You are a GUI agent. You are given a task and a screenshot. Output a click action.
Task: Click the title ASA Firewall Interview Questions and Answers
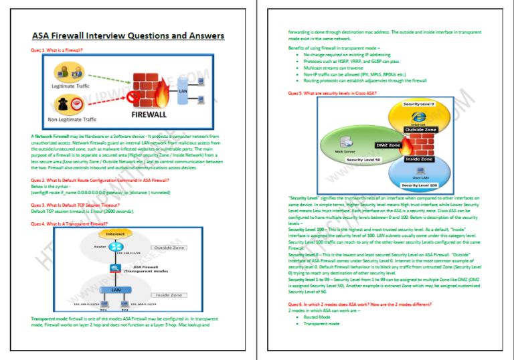pyautogui.click(x=128, y=36)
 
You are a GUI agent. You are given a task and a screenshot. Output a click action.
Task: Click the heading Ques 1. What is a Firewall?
pyautogui.click(x=58, y=50)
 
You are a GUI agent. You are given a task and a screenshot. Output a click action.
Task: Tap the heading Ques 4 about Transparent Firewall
pyautogui.click(x=70, y=223)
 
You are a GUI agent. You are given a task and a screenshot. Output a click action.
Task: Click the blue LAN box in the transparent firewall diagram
pyautogui.click(x=107, y=290)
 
